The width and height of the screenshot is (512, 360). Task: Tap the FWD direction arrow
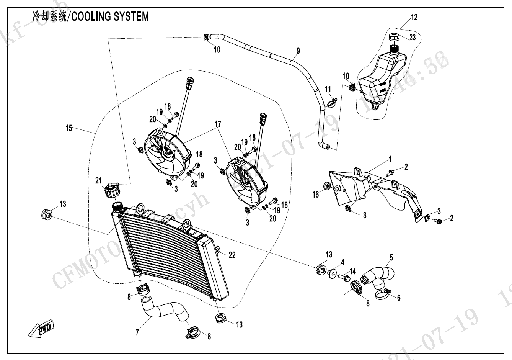coord(42,328)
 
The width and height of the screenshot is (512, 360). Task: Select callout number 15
coord(69,128)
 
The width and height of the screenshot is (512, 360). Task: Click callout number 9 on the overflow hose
coord(298,51)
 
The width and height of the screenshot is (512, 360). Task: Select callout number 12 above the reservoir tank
coord(414,18)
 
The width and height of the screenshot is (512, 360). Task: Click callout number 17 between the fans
coord(218,124)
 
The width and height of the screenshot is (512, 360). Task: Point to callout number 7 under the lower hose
coord(137,332)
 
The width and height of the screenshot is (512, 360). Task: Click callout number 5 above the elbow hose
coord(391,258)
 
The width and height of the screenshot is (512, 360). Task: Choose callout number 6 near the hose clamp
coord(398,298)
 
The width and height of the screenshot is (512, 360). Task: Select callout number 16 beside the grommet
coord(315,195)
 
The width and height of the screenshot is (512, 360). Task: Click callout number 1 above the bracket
coord(390,159)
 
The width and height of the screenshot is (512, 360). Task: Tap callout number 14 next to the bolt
coord(352,271)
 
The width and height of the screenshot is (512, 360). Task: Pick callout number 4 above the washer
coord(342,262)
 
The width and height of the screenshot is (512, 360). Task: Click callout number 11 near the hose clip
coord(328,90)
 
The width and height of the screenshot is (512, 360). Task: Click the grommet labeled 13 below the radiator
coord(221,318)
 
